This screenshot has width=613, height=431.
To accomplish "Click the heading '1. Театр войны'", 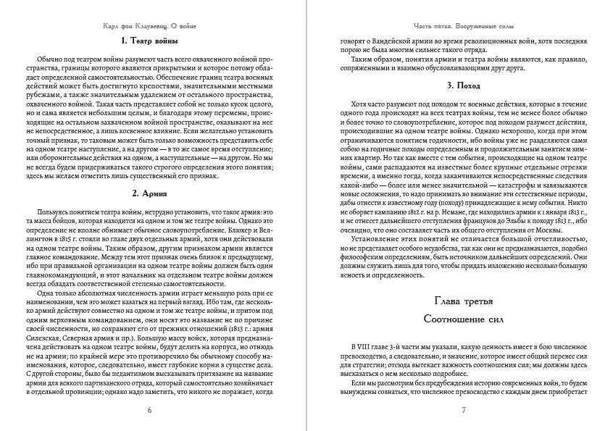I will pyautogui.click(x=150, y=40).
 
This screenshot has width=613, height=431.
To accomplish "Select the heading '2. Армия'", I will pyautogui.click(x=150, y=193).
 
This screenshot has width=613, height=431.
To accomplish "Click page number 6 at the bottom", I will pyautogui.click(x=149, y=410).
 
